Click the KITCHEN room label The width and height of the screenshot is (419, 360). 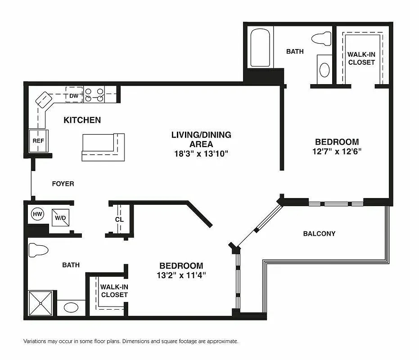point(82,120)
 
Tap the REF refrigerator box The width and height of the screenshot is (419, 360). point(37,140)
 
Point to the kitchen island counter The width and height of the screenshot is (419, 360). point(103,147)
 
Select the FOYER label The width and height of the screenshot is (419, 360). point(63,184)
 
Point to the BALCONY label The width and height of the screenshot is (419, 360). point(319,234)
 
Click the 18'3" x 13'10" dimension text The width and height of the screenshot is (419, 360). point(201,153)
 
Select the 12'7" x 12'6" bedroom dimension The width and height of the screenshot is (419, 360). point(337,152)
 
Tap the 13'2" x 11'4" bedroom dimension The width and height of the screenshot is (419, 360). point(181,275)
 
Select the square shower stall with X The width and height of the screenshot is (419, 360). point(41,303)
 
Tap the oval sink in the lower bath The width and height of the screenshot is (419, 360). point(71,308)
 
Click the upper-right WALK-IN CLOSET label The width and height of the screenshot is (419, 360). point(361,58)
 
